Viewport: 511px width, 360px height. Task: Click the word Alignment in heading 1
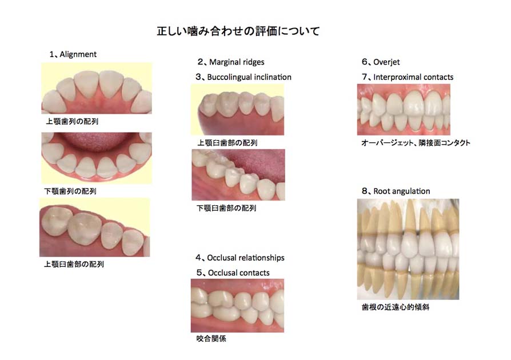pyautogui.click(x=78, y=54)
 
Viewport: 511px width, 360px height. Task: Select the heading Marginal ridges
pyautogui.click(x=237, y=62)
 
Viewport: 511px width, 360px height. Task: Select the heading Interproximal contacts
pyautogui.click(x=411, y=77)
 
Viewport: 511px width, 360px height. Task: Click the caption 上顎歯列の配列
pyautogui.click(x=71, y=122)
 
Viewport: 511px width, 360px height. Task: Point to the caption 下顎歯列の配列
pyautogui.click(x=71, y=191)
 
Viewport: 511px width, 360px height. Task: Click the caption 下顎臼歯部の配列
pyautogui.click(x=226, y=209)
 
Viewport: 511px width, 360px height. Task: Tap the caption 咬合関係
pyautogui.click(x=211, y=339)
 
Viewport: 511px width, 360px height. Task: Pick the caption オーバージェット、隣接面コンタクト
pyautogui.click(x=416, y=143)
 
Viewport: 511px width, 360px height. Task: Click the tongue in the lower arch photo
pyautogui.click(x=96, y=141)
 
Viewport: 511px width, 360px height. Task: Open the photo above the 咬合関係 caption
pyautogui.click(x=237, y=305)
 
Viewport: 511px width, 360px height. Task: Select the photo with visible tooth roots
pyautogui.click(x=408, y=249)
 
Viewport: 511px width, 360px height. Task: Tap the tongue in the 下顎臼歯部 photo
pyautogui.click(x=262, y=162)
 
